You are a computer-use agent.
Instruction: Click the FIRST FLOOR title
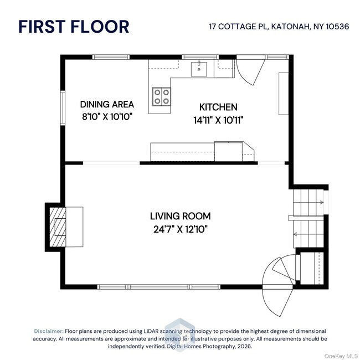click(74, 26)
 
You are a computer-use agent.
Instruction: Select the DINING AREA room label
click(106, 104)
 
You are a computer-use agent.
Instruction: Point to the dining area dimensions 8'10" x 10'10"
click(106, 117)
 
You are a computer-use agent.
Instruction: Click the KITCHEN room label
click(218, 107)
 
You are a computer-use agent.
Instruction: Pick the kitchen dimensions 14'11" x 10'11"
click(218, 119)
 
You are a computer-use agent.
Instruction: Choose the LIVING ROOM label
click(180, 216)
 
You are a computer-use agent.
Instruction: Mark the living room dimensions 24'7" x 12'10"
click(180, 228)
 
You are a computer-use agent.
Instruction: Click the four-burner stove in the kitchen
click(162, 97)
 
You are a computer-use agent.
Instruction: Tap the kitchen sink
click(199, 69)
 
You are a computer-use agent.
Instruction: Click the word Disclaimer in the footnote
click(49, 330)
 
